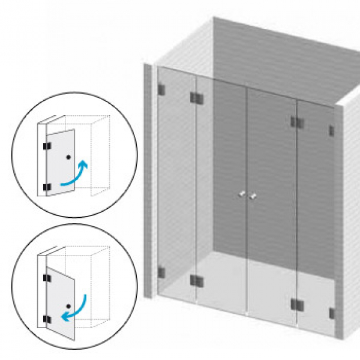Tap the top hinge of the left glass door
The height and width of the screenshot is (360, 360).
click(196, 97)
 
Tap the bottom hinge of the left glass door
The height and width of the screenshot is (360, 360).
click(196, 280)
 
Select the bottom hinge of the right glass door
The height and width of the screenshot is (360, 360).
click(296, 304)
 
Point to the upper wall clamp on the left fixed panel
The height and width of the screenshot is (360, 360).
click(161, 90)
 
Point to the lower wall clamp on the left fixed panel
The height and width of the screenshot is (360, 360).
click(161, 272)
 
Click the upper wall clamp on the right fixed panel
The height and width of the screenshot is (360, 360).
click(331, 130)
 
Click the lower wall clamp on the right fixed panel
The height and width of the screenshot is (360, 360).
click(332, 313)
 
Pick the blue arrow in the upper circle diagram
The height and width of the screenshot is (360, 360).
click(74, 173)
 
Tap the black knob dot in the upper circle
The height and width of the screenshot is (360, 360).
click(69, 157)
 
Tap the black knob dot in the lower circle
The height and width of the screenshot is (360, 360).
click(68, 306)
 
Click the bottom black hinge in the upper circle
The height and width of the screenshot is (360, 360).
click(46, 187)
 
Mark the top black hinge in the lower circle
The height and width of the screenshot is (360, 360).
click(46, 278)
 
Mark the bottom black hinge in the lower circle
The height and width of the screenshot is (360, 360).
click(46, 319)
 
